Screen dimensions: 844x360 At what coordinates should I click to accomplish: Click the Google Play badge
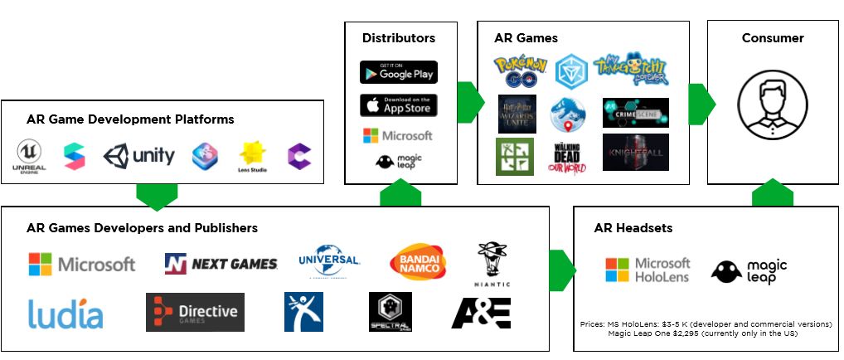[x=398, y=72]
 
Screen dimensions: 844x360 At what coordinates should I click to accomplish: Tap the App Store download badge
[x=398, y=105]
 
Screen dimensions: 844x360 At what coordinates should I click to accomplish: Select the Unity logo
[x=139, y=155]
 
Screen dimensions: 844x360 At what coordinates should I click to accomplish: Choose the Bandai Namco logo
[x=418, y=263]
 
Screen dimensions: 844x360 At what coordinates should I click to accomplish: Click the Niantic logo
[x=493, y=265]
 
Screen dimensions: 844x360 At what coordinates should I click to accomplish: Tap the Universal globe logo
[x=329, y=261]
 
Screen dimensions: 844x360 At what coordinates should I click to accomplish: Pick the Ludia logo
[x=65, y=314]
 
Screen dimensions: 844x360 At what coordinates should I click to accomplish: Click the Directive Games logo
[x=195, y=312]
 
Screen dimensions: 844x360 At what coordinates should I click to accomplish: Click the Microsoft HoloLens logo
[x=647, y=270]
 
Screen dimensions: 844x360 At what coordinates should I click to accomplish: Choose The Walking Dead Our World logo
[x=567, y=156]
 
